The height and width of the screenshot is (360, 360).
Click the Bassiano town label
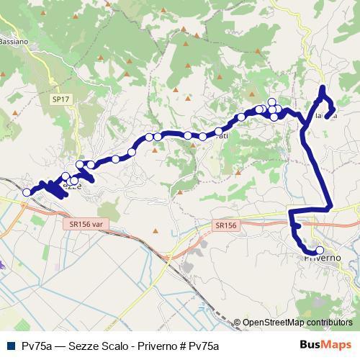14,42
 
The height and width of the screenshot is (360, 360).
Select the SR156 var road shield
85,224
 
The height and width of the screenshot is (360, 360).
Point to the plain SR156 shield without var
225,225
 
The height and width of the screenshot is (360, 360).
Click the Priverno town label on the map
318,258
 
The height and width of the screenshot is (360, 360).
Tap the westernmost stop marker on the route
27,192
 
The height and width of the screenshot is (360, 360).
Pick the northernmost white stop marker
272,102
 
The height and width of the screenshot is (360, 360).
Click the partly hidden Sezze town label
73,186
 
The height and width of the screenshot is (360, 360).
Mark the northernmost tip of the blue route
323,89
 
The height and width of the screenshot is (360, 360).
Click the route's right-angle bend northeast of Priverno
330,207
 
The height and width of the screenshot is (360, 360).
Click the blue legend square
10,346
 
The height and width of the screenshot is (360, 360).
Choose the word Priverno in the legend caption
150,346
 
